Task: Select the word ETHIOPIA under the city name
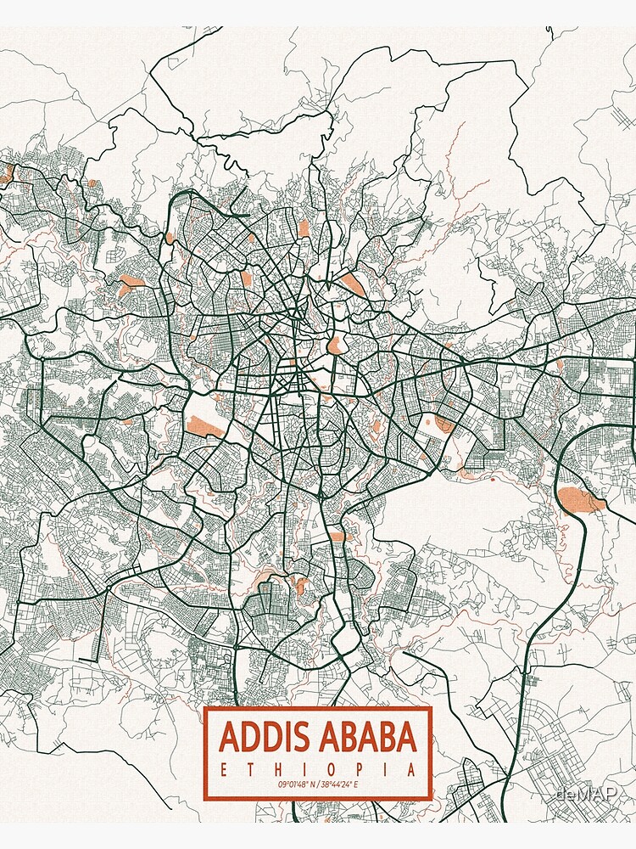coord(318,770)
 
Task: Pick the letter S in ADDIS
coord(300,736)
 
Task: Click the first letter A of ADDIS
coord(229,736)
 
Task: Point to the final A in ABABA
coord(407,736)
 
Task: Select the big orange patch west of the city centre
coord(204,426)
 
